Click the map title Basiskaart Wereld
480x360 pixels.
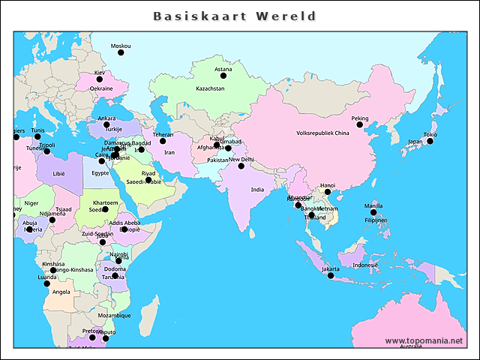pos(235,16)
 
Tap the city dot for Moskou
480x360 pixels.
pos(120,52)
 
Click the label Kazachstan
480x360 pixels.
pos(210,88)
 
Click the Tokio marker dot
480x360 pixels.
pos(430,141)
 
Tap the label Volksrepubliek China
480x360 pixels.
pos(322,133)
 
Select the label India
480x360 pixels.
pos(257,190)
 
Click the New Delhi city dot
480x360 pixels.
pos(241,166)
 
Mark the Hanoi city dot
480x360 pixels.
pos(328,192)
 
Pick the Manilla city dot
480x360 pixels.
pos(373,212)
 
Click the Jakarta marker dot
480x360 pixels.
pos(331,275)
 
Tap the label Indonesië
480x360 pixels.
pos(365,265)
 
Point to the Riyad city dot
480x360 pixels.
pos(148,180)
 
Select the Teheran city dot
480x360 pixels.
pos(163,141)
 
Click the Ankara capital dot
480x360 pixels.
pos(106,125)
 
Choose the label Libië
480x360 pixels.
pos(59,173)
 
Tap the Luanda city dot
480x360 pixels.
pos(46,283)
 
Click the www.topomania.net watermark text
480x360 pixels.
pos(424,340)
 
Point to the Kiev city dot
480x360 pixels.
pos(99,79)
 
